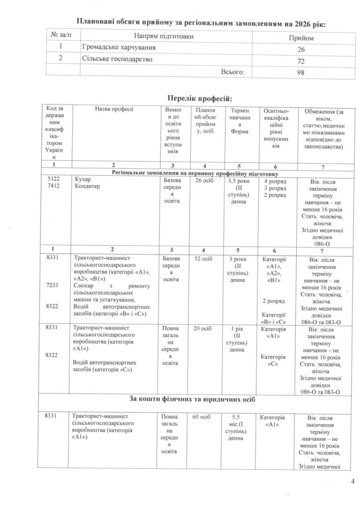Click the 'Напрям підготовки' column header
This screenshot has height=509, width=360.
tap(164, 36)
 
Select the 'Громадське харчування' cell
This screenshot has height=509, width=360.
tap(119, 48)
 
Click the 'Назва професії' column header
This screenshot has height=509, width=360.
tap(114, 109)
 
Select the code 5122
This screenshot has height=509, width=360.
tap(53, 180)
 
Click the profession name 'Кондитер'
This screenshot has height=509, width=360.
tap(86, 187)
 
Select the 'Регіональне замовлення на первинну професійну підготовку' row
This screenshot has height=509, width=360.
tap(197, 172)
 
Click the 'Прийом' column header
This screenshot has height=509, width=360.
tap(303, 37)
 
